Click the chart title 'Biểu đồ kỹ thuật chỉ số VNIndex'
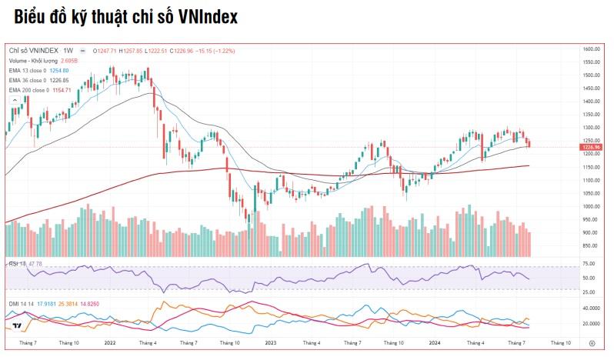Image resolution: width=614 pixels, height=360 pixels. click(x=125, y=17)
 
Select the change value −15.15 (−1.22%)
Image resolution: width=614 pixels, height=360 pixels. click(x=204, y=51)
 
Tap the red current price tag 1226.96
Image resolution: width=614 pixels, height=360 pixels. click(x=592, y=147)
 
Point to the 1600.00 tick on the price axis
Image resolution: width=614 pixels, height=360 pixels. click(x=591, y=48)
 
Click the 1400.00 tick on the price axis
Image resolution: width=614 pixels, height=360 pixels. click(x=591, y=101)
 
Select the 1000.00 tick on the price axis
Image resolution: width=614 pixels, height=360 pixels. click(x=591, y=206)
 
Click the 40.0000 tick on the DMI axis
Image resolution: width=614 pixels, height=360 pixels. click(x=591, y=307)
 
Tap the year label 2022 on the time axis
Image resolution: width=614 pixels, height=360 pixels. click(x=109, y=342)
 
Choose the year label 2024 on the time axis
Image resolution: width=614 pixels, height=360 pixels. click(x=434, y=342)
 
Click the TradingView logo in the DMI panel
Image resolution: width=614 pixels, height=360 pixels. click(x=16, y=326)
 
